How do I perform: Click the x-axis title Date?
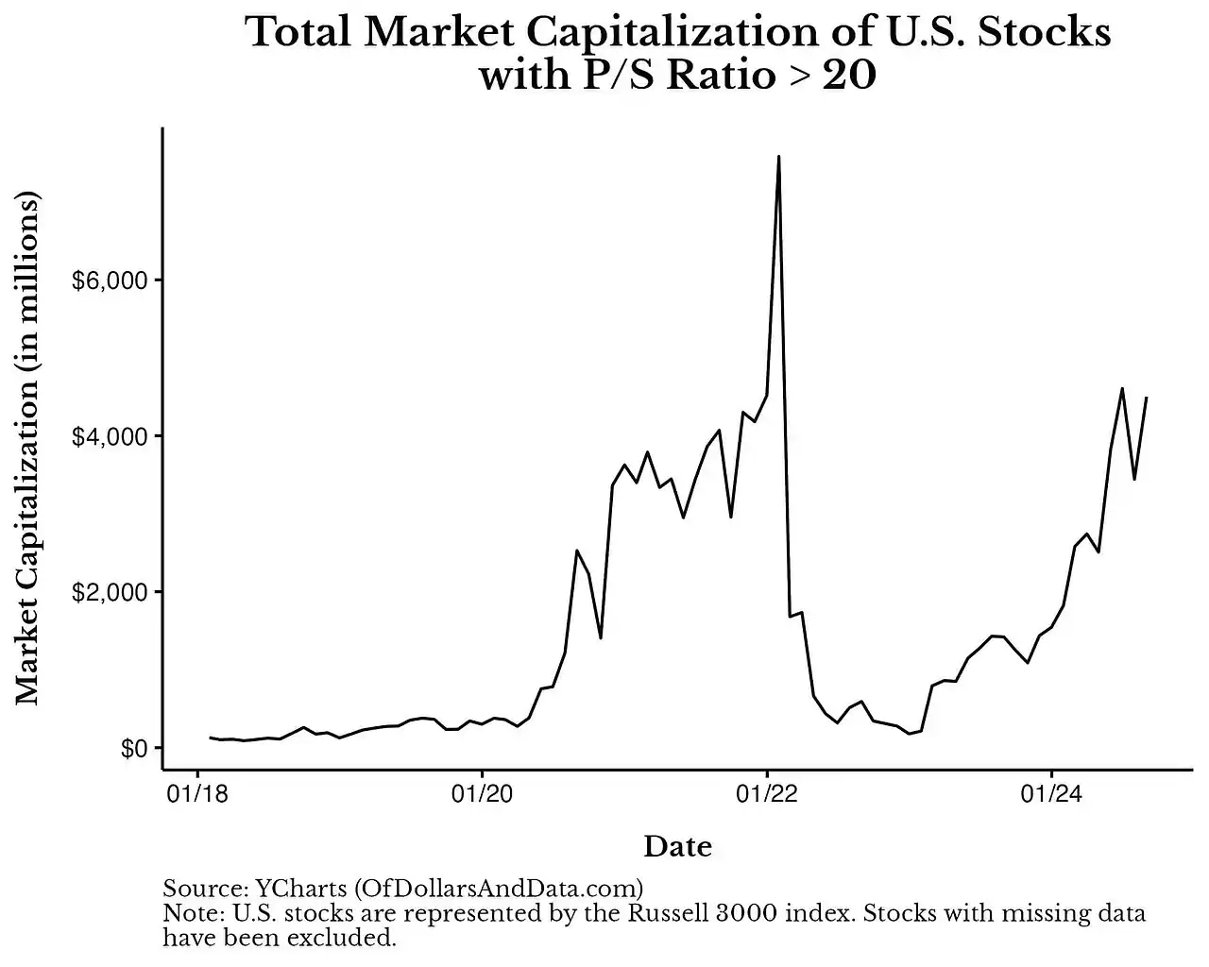pos(677,846)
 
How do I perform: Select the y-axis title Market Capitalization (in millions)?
pos(28,449)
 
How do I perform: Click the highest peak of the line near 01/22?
pos(778,157)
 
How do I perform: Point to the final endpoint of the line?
pos(1146,398)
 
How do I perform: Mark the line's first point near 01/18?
pos(211,738)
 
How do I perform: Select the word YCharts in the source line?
pos(300,889)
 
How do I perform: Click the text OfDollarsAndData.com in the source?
pos(499,889)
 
